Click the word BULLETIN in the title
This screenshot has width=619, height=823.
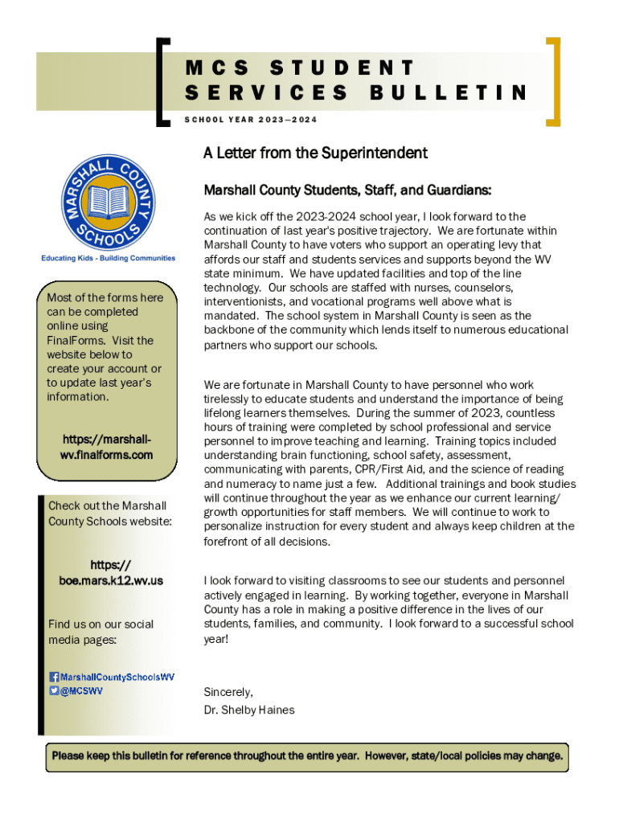448,93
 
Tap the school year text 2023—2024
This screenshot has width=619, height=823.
288,120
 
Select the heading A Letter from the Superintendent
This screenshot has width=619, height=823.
315,153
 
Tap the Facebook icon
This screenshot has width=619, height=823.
54,677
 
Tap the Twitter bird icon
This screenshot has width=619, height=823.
54,690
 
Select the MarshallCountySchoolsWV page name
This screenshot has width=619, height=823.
117,677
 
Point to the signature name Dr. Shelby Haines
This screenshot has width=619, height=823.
249,710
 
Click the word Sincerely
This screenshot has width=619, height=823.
228,692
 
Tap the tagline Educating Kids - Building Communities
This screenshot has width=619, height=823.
109,258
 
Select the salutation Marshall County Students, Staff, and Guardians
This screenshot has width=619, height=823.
347,190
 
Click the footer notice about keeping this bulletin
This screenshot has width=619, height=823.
307,756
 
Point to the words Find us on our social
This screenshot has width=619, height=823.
100,624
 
